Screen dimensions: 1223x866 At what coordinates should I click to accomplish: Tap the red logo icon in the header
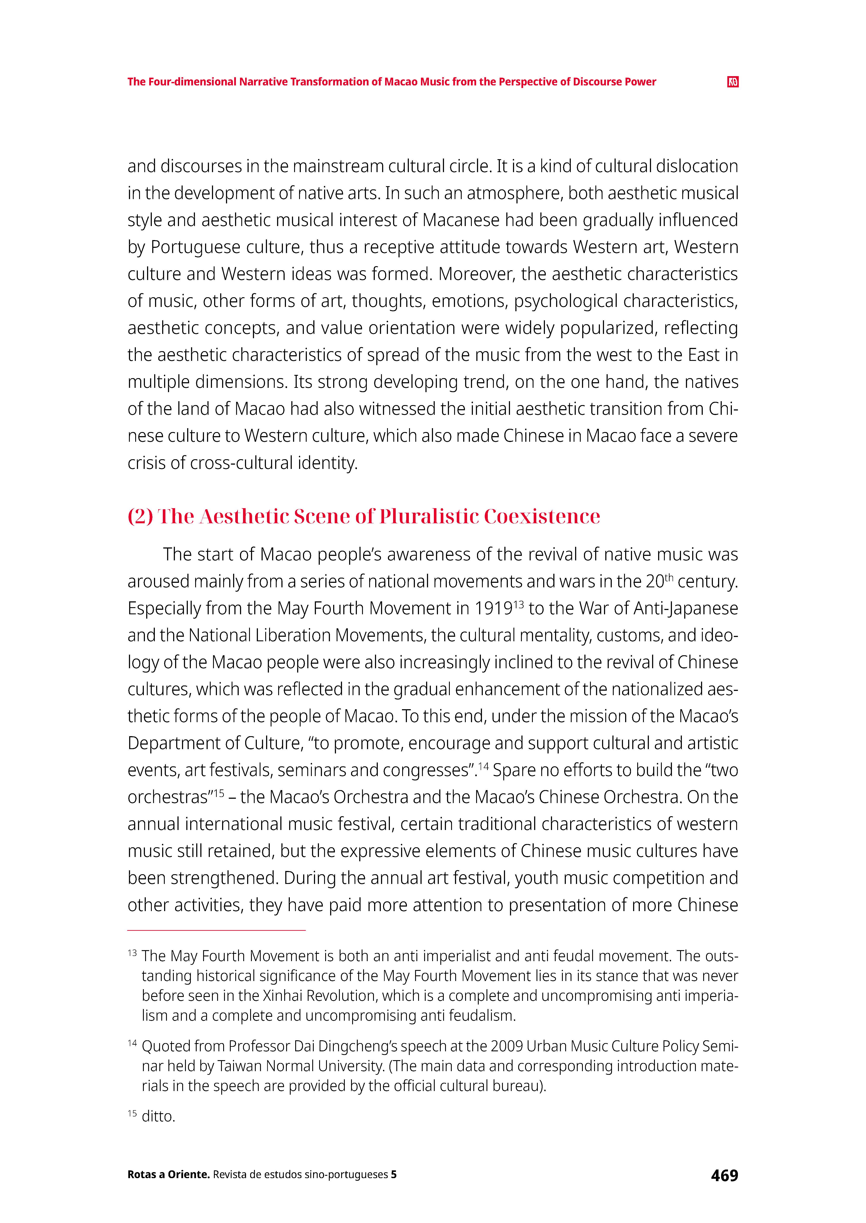pos(733,82)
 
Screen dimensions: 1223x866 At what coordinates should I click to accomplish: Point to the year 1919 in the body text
pos(493,608)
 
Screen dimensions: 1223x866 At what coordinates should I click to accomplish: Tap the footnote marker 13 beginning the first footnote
pos(132,953)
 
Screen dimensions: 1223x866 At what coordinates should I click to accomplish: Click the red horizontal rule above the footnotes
pos(216,930)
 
